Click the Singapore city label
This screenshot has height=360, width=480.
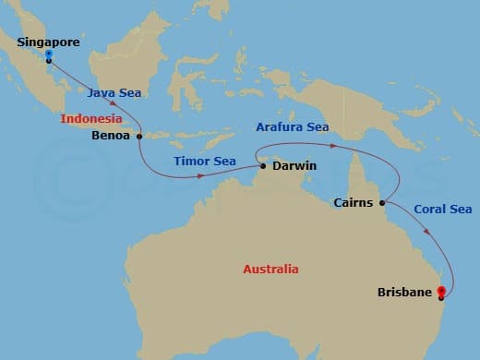[x=49, y=42]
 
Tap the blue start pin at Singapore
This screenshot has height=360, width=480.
[x=48, y=54]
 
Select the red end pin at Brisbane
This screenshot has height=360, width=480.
[x=441, y=293]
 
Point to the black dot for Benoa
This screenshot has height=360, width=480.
[x=139, y=136]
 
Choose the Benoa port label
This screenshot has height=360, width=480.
[x=113, y=134]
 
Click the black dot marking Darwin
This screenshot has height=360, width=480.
[x=263, y=166]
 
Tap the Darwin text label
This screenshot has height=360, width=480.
[x=294, y=165]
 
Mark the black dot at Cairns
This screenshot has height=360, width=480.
[x=381, y=203]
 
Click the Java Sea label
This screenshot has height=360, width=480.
[x=114, y=92]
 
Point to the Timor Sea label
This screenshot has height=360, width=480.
[x=204, y=161]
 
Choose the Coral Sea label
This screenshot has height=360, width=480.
[x=442, y=210]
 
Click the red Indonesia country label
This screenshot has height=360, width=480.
[x=91, y=119]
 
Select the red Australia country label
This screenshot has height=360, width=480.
[x=270, y=270]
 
